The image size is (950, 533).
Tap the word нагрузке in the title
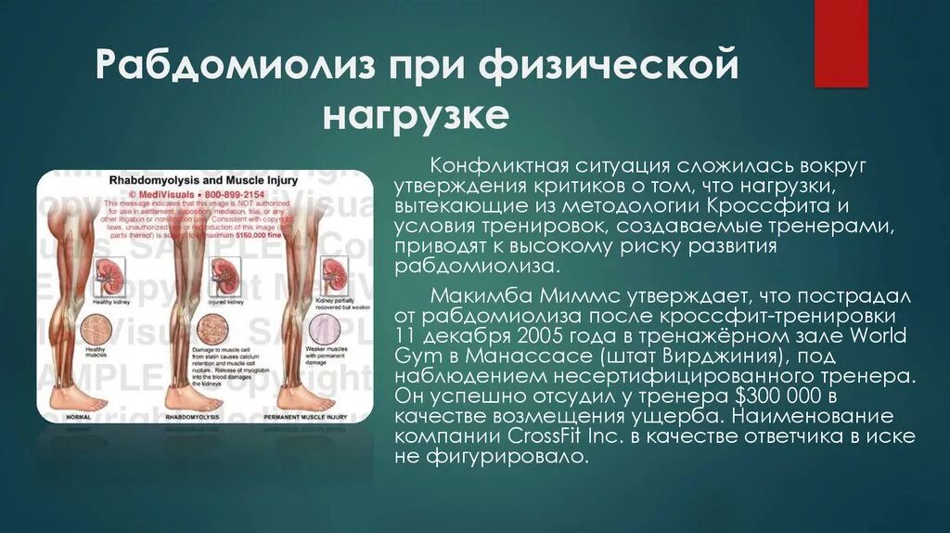(x=416, y=116)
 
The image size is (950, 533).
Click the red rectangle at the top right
(x=841, y=43)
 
